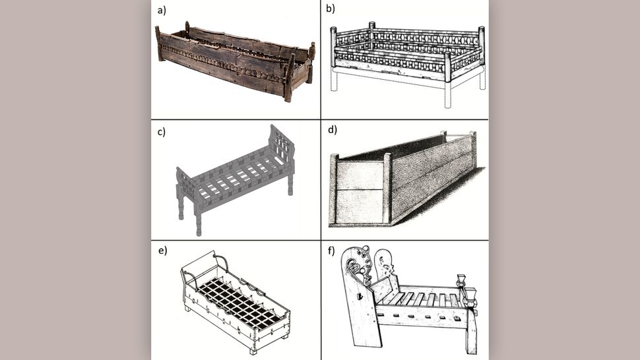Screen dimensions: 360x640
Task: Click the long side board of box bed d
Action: pyautogui.click(x=429, y=178)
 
